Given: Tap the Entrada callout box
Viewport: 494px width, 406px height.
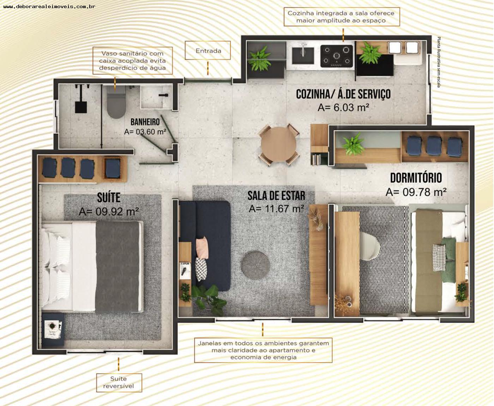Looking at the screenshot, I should click(x=208, y=50).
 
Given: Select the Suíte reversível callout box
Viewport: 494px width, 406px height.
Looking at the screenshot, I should click(x=119, y=382).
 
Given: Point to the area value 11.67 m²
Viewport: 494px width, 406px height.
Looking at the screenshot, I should click(x=276, y=209).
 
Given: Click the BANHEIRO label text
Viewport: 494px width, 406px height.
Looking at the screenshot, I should click(x=145, y=122).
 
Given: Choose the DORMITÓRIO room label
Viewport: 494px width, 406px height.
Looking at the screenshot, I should click(x=416, y=178).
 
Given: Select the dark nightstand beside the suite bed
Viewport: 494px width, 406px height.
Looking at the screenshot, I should click(x=53, y=329).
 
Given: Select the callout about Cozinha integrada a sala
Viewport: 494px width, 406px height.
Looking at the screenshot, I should click(x=341, y=17).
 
